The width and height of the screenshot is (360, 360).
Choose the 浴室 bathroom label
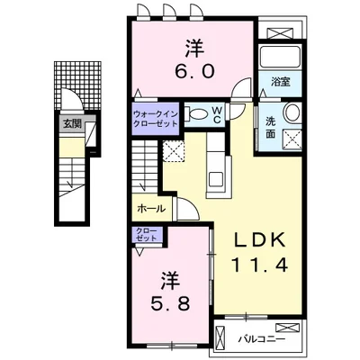pyautogui.click(x=280, y=81)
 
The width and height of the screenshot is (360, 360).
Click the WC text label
pyautogui.click(x=217, y=114)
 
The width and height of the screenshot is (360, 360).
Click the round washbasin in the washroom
pyautogui.click(x=293, y=113)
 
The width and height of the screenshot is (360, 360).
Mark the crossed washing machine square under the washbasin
pyautogui.click(x=292, y=139)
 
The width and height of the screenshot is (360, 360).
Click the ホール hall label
pyautogui.click(x=150, y=209)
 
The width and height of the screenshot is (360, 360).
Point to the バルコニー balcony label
pyautogui.click(x=261, y=341)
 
